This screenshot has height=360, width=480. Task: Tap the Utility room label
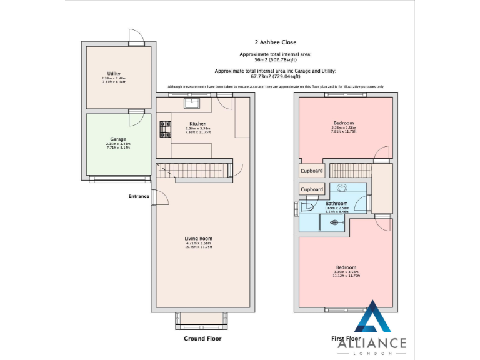(114, 74)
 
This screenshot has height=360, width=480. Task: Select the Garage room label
(118, 139)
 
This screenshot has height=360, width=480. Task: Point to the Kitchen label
(197, 124)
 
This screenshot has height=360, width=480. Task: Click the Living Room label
(198, 239)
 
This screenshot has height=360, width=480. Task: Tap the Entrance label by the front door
(139, 196)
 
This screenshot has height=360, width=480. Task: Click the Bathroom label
(336, 204)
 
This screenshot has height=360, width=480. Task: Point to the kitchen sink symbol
(191, 104)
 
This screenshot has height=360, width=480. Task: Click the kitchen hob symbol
(166, 129)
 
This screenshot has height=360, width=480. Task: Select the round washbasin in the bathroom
(342, 187)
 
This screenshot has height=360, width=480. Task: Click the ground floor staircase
(194, 170)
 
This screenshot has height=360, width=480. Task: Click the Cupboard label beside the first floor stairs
(312, 171)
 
